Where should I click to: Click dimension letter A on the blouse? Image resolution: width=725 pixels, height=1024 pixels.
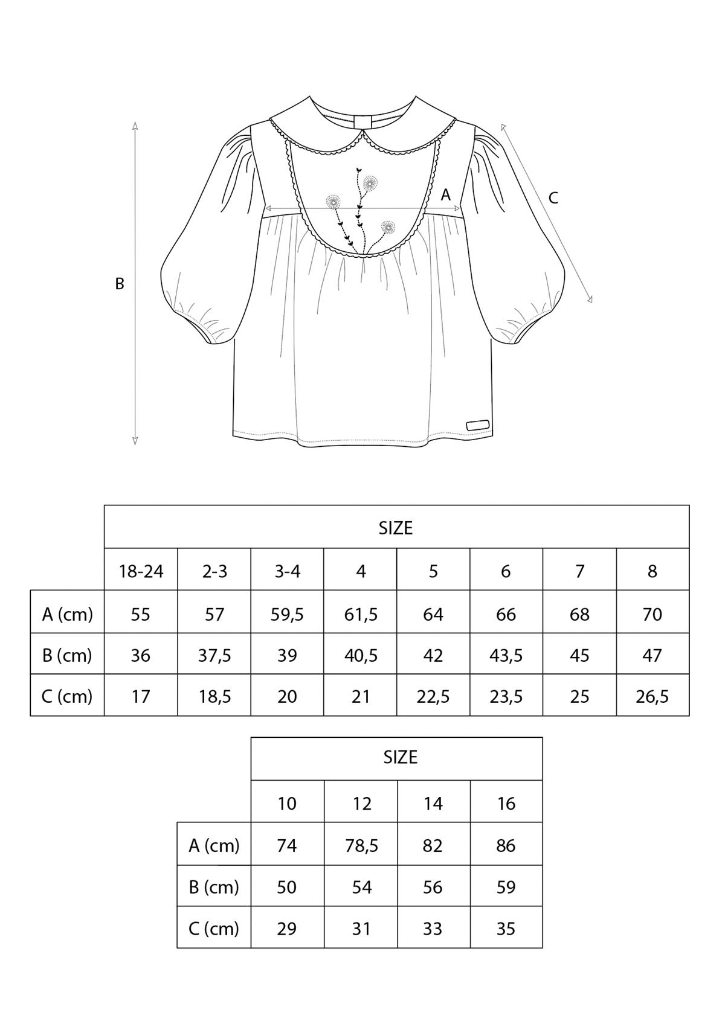click(x=445, y=195)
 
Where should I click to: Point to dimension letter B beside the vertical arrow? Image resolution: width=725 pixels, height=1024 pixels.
click(x=120, y=284)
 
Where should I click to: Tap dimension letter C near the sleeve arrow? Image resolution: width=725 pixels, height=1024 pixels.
click(x=553, y=198)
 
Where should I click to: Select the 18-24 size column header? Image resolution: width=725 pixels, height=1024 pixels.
click(x=141, y=571)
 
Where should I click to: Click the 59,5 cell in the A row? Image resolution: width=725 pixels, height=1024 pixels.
click(x=287, y=615)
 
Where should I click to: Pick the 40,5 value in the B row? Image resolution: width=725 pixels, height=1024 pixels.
click(x=361, y=656)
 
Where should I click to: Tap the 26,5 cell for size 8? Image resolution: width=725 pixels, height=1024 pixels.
click(x=652, y=697)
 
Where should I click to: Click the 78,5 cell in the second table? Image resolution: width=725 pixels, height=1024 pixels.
click(x=361, y=846)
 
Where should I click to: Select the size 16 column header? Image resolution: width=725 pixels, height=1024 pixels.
click(x=506, y=804)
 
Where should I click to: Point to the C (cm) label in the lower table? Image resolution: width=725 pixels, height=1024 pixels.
click(x=214, y=929)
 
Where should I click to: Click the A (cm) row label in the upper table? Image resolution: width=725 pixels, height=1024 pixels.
click(x=67, y=615)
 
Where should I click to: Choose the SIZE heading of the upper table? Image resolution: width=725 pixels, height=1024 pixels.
click(x=396, y=528)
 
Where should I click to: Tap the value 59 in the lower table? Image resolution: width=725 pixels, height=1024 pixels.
click(x=506, y=888)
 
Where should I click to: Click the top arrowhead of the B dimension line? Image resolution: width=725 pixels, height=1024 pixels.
click(x=135, y=126)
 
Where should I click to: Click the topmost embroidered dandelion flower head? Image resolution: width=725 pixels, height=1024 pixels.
click(x=370, y=184)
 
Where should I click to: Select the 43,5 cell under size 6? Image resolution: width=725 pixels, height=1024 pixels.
click(x=506, y=656)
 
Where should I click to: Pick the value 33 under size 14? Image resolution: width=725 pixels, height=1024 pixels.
click(x=433, y=929)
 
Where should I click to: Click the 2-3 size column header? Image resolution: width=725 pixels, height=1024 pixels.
click(x=214, y=571)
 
